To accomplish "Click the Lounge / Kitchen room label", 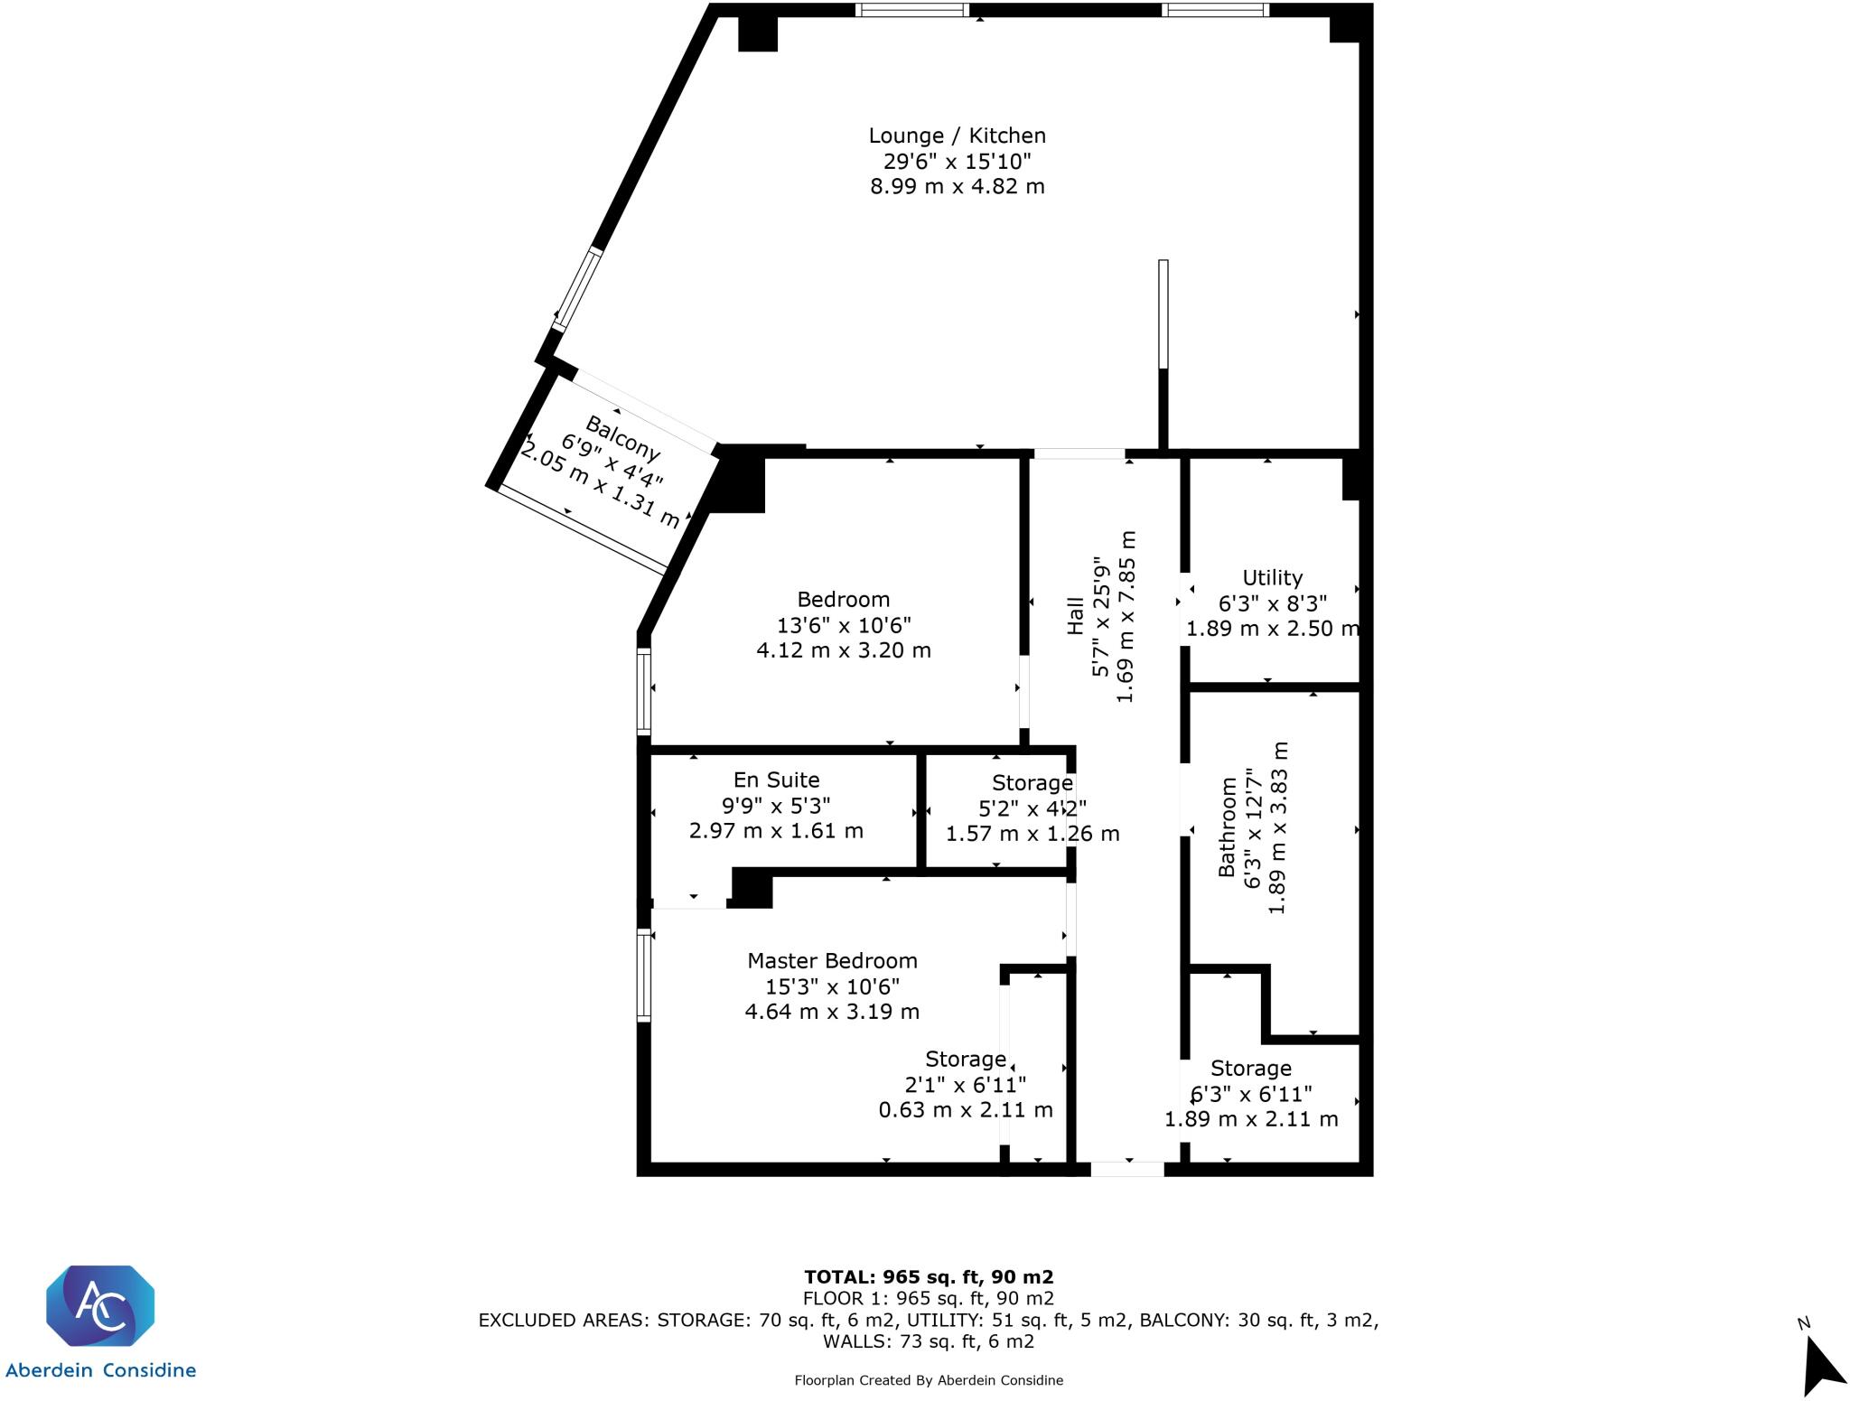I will coord(957,135).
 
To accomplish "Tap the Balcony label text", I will coord(622,437).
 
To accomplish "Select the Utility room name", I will coord(1272,577).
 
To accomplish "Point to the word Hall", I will coord(1075,615).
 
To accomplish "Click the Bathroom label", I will coord(1227,827).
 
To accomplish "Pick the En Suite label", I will coord(776,780).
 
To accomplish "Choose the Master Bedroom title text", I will coord(832,960).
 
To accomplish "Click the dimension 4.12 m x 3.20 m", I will coord(843,649).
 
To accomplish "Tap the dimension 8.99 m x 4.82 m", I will coord(957,186).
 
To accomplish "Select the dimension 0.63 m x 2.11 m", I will coord(966,1109).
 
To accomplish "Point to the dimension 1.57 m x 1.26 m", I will coord(1032,834).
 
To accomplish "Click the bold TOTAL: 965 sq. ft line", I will coord(929,1276).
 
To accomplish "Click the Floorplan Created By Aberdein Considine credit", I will coord(929,1380).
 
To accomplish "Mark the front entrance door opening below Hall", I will coord(1126,1169).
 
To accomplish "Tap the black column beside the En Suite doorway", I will coord(752,888).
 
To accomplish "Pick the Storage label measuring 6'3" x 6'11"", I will coord(1250,1069).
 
